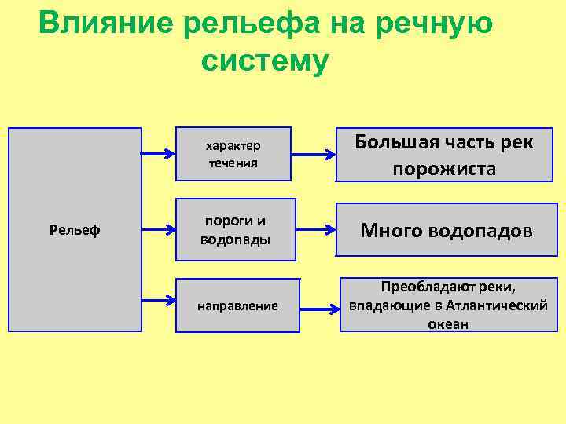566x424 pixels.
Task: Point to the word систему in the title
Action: (263, 61)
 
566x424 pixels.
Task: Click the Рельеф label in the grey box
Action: (74, 231)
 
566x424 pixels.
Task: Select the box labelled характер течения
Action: (233, 155)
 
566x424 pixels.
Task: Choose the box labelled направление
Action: (238, 305)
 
